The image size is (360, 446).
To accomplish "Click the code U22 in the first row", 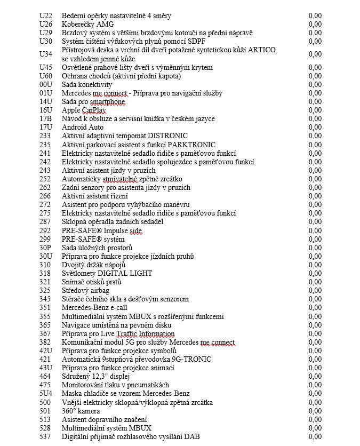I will [x=46, y=15].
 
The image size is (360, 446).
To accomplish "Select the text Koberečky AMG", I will [x=87, y=24].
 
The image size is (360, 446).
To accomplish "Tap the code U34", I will [x=46, y=54].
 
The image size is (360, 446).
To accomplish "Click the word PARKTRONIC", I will [x=191, y=145].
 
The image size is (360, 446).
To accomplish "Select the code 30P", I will [x=46, y=248].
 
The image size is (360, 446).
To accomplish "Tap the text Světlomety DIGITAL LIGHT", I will [x=107, y=273].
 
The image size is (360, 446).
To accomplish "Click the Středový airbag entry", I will [x=85, y=290].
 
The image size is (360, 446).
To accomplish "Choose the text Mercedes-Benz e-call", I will [x=94, y=307].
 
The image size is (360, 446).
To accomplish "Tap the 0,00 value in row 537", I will [x=315, y=437].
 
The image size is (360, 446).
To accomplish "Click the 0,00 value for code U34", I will [x=315, y=54].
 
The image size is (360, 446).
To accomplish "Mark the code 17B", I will [x=46, y=118].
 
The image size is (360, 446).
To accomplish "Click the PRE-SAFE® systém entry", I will [x=92, y=239].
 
